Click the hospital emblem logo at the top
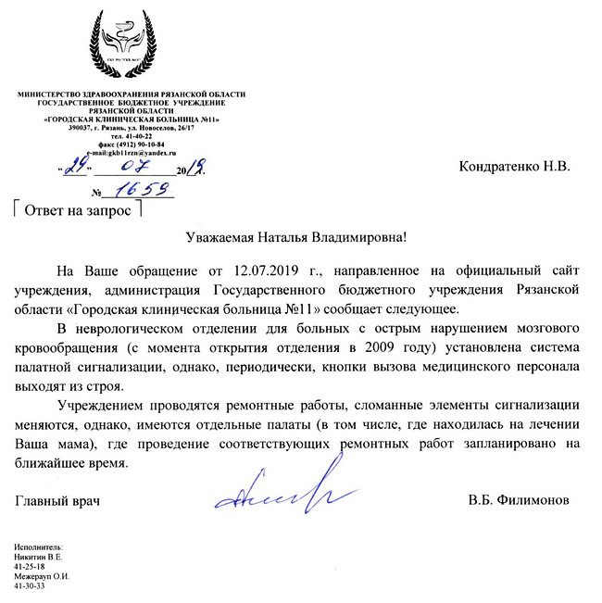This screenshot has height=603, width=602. [132, 44]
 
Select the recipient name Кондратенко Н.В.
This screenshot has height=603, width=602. [515, 168]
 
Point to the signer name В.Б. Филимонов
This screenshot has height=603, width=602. [520, 500]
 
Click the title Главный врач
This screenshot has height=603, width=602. [57, 500]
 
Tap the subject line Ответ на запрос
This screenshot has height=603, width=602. [77, 208]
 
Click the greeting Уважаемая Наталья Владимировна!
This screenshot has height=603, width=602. [295, 238]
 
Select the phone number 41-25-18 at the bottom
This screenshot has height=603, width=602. [31, 565]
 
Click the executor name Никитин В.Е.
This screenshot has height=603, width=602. [38, 557]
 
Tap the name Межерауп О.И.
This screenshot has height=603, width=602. [43, 575]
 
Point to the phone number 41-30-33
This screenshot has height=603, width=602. [31, 585]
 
